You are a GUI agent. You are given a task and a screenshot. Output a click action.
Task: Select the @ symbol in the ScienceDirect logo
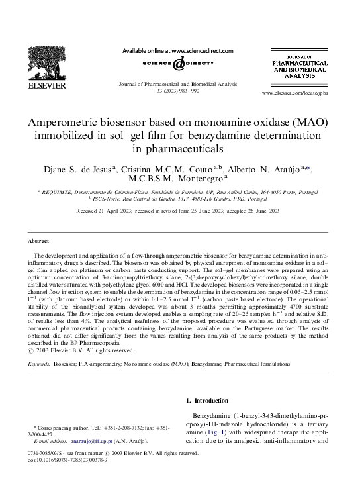pyautogui.click(x=179, y=64)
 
